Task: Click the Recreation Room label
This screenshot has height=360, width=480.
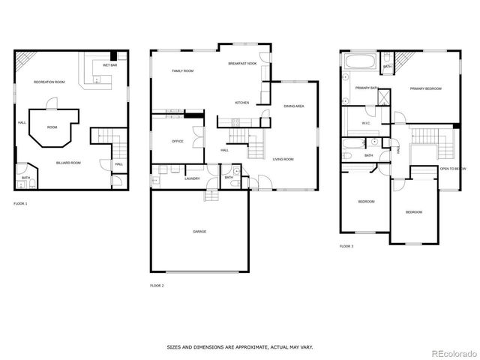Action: tap(49, 82)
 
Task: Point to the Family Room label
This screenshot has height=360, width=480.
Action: tap(183, 71)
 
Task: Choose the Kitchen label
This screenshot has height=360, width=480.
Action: tap(242, 103)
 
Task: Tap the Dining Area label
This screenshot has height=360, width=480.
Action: tap(293, 106)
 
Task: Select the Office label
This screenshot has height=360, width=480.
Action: tap(178, 141)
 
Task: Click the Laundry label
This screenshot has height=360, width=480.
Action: tap(192, 178)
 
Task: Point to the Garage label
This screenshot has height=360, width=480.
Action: tap(199, 231)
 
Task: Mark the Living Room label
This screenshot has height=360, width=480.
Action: tap(283, 159)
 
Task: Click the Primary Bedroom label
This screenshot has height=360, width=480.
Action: tap(425, 88)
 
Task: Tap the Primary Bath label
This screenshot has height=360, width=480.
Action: tap(367, 88)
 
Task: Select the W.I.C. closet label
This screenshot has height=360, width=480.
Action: tap(366, 123)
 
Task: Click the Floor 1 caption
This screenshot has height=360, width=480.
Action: tap(21, 203)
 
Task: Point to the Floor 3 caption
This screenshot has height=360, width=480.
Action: tap(346, 246)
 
